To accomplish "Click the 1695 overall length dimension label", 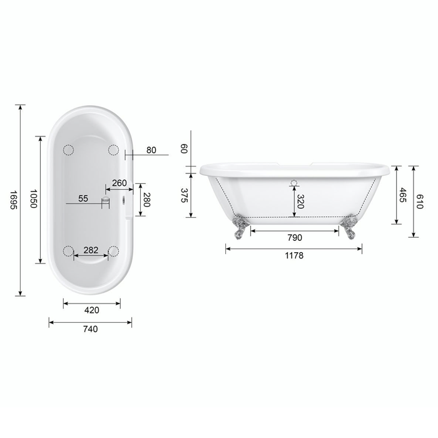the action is pos(13,200).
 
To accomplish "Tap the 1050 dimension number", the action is pos(33,198).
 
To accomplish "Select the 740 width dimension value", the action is pos(91,329).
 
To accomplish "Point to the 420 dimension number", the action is pos(91,310).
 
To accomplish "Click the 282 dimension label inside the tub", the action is pos(91,250).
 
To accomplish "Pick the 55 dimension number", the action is pos(83,198).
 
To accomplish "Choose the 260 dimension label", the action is pos(120,183).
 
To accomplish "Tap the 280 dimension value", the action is pos(147,200).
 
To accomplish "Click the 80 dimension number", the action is pos(151,150).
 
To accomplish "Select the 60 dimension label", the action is pos(183,148).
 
